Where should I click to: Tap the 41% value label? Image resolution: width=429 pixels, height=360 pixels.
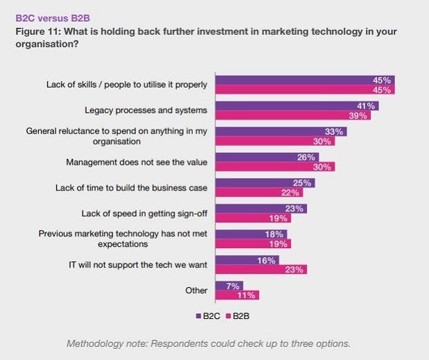(x=367, y=106)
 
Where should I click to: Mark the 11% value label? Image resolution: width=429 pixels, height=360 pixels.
(x=247, y=295)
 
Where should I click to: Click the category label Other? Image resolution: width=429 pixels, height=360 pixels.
(x=196, y=290)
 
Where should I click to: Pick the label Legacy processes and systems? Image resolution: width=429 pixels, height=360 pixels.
(x=146, y=111)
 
